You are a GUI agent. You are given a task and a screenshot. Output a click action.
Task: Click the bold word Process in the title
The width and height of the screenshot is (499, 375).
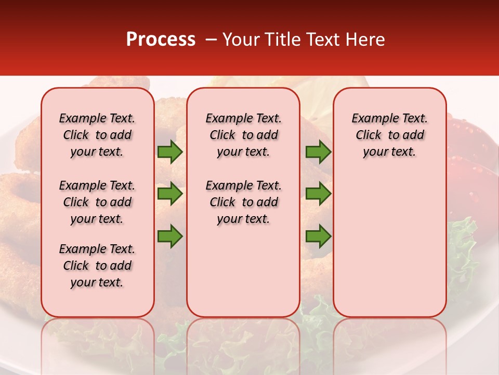[x=161, y=40]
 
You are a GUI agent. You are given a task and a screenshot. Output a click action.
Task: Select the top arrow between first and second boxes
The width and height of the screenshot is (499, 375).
[x=170, y=152]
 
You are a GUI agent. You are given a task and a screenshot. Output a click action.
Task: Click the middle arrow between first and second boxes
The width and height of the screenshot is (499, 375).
[x=170, y=194]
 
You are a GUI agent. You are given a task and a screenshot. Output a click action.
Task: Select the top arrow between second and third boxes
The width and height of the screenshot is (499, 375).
[x=318, y=152]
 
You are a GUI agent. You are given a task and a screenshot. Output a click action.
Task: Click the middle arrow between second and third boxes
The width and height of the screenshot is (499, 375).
[x=318, y=194]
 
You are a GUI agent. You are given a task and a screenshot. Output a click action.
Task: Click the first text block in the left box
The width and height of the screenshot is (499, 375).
[x=97, y=135]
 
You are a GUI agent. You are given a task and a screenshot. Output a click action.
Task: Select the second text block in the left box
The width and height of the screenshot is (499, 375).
[x=97, y=202]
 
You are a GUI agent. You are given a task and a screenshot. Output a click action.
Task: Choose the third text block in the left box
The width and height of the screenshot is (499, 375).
[x=97, y=266]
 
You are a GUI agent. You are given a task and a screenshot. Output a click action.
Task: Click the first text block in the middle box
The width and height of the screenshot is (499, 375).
[x=243, y=135]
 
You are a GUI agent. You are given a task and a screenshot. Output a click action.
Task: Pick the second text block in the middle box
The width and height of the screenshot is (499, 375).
[x=243, y=202]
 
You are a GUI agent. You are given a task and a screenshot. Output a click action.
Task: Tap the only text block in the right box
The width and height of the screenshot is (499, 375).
[x=389, y=135]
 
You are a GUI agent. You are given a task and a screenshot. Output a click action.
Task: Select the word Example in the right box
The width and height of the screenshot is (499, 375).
[x=372, y=119]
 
